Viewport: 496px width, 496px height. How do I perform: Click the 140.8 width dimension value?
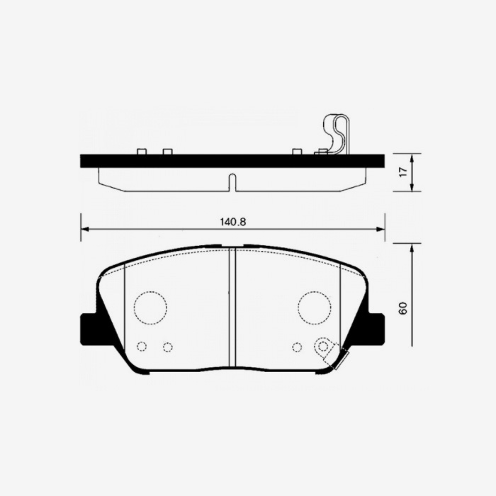(232, 222)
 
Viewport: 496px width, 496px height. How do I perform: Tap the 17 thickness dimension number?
(403, 171)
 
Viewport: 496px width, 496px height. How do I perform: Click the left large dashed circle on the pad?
(150, 307)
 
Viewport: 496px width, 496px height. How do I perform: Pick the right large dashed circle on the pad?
(314, 307)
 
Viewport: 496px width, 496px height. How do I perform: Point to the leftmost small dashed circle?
(142, 346)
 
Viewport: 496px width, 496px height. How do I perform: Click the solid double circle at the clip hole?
(324, 346)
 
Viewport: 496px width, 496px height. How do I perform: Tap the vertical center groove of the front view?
(232, 308)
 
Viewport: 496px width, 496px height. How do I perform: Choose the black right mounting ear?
(376, 328)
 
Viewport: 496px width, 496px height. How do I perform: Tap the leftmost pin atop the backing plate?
(141, 152)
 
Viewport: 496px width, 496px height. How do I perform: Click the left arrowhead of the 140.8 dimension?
(84, 229)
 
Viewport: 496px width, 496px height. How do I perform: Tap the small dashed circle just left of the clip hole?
(297, 346)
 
